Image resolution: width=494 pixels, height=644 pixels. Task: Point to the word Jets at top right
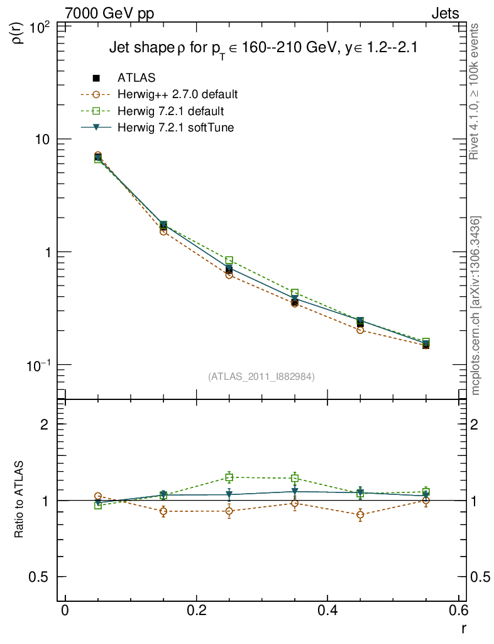coord(444,13)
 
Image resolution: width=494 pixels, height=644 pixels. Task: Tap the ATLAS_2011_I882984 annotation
coord(261,377)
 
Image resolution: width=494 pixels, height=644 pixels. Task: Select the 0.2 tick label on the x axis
coord(197,612)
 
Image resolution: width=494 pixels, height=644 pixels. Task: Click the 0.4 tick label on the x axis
coord(328,612)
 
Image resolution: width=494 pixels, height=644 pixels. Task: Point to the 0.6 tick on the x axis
coord(459,612)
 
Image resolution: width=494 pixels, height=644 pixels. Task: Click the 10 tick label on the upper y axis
coord(44,139)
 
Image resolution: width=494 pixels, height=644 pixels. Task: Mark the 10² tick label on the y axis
coord(41,28)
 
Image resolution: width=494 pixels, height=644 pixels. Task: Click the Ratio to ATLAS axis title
coord(19,500)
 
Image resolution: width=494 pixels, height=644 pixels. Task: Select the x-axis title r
coord(463,628)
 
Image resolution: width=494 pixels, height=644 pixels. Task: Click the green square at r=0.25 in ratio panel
coord(229,477)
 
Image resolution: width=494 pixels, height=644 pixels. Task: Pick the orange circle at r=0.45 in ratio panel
coord(360,515)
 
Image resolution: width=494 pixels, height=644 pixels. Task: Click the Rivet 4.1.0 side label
coord(475,91)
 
